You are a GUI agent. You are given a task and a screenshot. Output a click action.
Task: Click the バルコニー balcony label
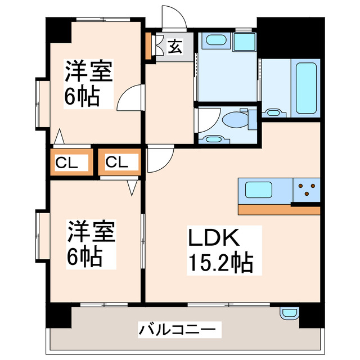coord(177,328)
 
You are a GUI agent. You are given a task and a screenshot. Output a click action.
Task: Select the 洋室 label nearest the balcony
coord(92,232)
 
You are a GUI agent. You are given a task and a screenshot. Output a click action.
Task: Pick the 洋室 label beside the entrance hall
coord(89,71)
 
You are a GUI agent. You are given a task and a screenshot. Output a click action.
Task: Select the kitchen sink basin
coord(258,190)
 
